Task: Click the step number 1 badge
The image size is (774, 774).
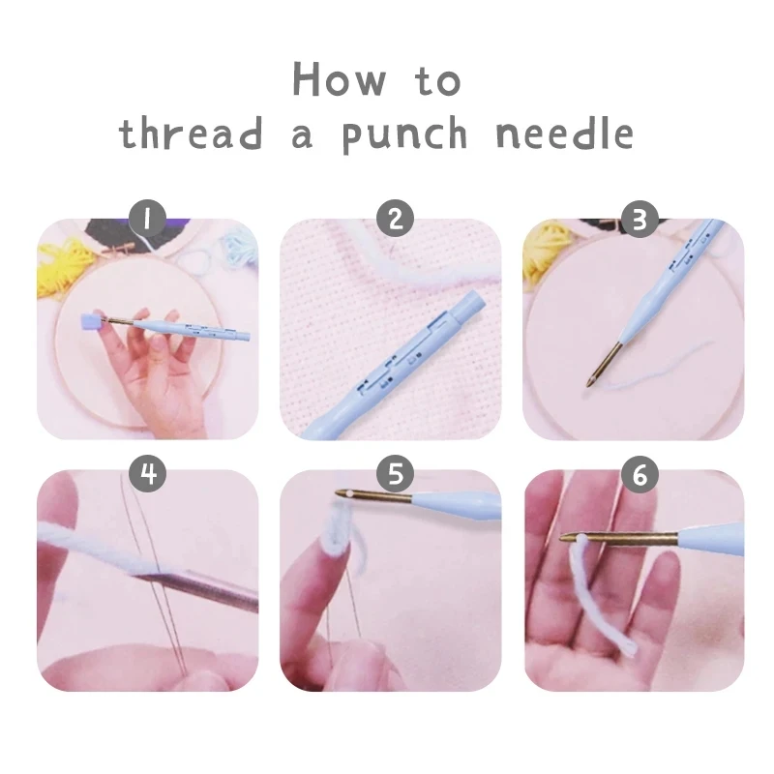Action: [x=148, y=219]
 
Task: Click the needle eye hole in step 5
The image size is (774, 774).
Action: [x=342, y=495]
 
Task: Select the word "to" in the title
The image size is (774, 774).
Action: [x=438, y=81]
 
